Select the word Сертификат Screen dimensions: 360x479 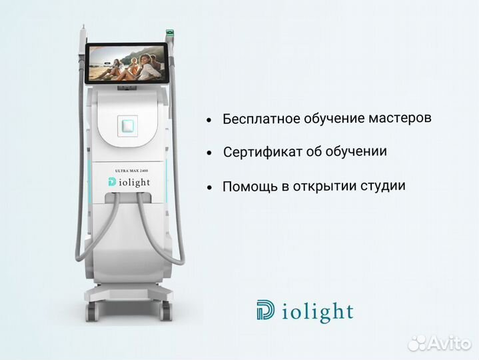pos(256,152)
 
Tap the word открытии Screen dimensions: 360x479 pos(322,186)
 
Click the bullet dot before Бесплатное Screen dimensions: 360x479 pos(209,121)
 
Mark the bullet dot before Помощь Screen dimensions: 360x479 pos(209,188)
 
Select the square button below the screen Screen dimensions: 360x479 pos(127,125)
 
